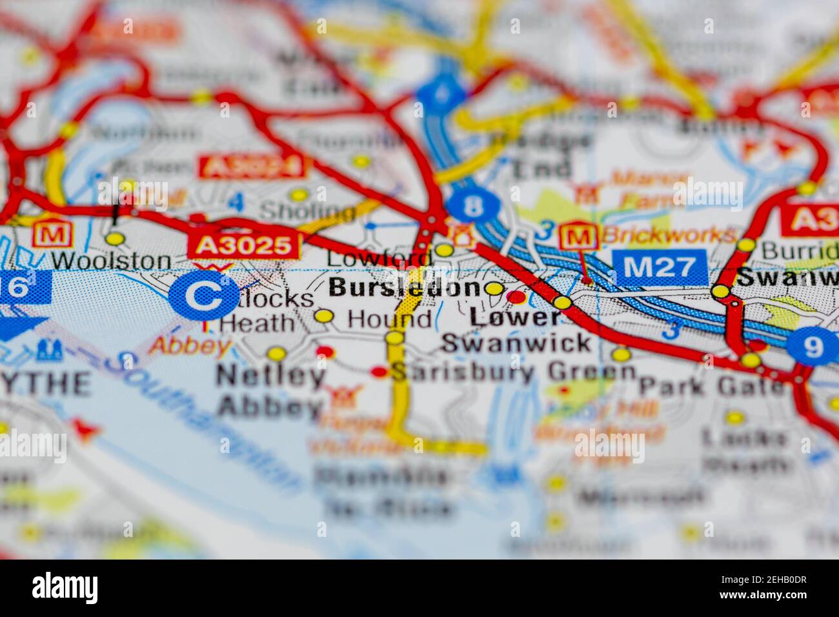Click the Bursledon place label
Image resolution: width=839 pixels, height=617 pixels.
(405, 288)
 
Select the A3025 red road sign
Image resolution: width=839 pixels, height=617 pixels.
(244, 245)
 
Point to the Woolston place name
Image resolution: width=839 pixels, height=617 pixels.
(112, 261)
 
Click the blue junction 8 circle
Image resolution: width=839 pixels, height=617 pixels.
(474, 206)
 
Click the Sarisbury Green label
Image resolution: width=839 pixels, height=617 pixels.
(514, 372)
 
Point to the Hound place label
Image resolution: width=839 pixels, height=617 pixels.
(389, 318)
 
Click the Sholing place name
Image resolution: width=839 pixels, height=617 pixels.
(307, 212)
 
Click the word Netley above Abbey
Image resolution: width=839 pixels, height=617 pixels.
(270, 376)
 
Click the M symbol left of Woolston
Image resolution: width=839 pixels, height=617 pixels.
(48, 234)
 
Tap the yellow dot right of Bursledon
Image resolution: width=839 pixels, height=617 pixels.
(495, 288)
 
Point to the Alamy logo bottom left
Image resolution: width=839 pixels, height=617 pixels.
(65, 587)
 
